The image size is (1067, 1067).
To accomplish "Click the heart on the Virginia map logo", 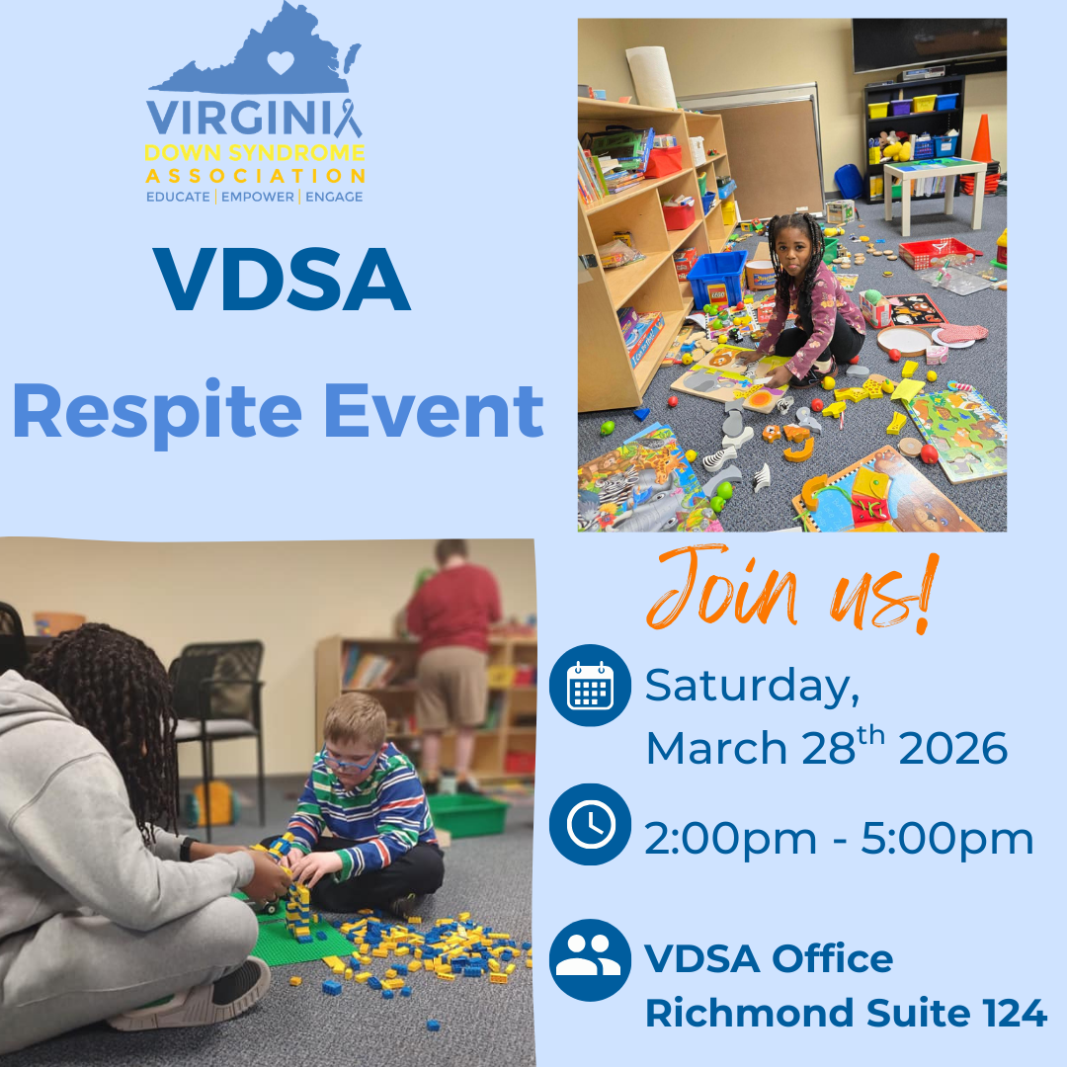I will coord(282,62).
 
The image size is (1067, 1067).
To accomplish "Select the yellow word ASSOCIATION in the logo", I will coord(255,176).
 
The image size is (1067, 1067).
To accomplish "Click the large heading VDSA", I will coord(282,281).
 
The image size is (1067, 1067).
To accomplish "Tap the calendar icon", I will coord(590,686).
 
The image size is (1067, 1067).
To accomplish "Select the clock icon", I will coord(590,825).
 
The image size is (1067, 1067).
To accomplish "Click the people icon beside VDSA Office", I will coord(590,960).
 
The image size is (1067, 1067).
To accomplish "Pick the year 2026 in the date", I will coord(953,749).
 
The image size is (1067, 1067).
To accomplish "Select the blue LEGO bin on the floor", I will coord(716,278).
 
